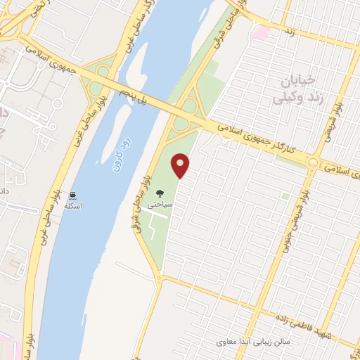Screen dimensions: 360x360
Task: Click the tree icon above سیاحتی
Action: pyautogui.click(x=159, y=191)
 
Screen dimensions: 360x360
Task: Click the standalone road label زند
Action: pyautogui.click(x=289, y=32)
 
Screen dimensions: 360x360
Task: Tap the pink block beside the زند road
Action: pyautogui.click(x=260, y=32)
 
